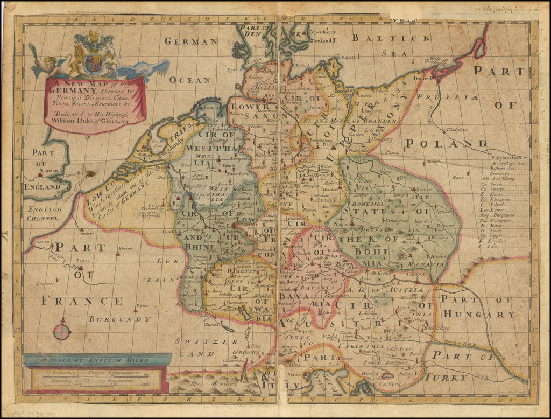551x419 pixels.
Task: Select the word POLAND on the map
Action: point(446,143)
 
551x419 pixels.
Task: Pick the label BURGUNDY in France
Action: point(114,319)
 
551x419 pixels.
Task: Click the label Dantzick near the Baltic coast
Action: point(424,78)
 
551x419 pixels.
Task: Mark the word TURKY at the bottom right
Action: point(444,378)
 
